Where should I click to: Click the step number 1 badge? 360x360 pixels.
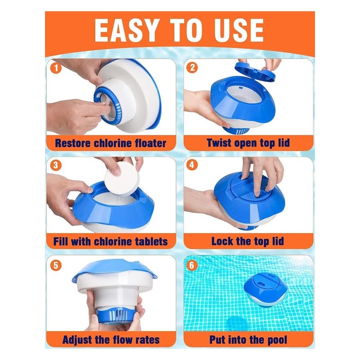56,68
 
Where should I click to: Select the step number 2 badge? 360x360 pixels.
192,67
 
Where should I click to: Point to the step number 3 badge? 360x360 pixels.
56,165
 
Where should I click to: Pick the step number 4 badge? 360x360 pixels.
192,165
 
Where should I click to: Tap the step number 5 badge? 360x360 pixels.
56,265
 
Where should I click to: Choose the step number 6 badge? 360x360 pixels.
192,265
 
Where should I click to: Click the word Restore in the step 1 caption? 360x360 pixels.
72,143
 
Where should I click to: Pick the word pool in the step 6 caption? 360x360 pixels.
277,340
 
